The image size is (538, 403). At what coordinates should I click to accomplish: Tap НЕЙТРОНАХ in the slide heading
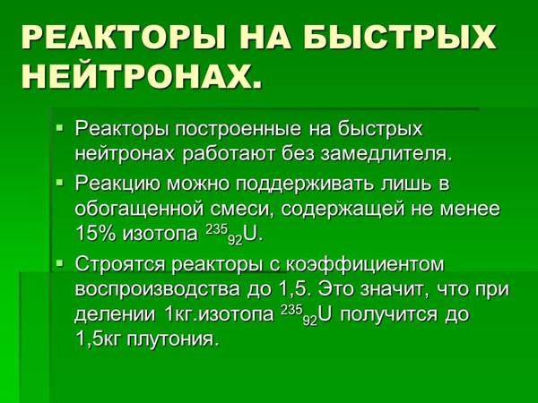pyautogui.click(x=141, y=76)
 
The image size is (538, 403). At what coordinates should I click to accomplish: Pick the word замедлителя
pyautogui.click(x=386, y=155)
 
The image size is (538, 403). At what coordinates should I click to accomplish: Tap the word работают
pyautogui.click(x=229, y=154)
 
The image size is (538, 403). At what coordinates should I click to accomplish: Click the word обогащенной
pyautogui.click(x=139, y=209)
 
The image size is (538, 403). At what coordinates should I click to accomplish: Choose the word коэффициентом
pyautogui.click(x=365, y=265)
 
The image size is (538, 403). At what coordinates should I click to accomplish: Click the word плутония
pyautogui.click(x=172, y=339)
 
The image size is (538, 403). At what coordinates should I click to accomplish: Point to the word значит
pyautogui.click(x=394, y=290)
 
